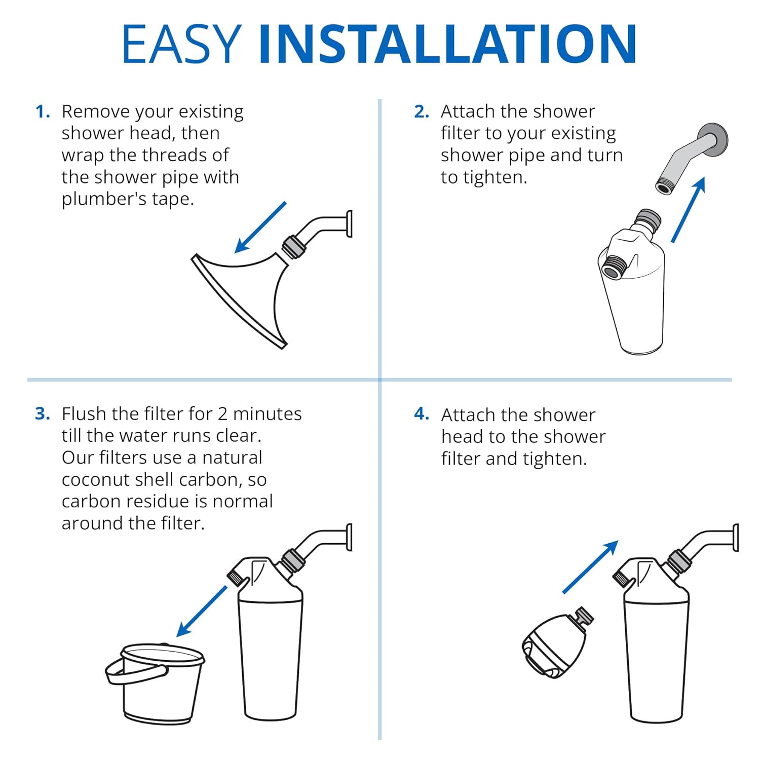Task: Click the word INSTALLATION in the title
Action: tap(447, 44)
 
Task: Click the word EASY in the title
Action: tap(181, 44)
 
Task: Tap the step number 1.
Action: tap(43, 111)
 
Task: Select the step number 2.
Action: tap(421, 111)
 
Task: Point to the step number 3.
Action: tap(43, 414)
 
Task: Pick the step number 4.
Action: tap(421, 414)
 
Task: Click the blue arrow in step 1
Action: tap(260, 227)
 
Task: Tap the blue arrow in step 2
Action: tap(688, 210)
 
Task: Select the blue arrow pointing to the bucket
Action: tap(202, 612)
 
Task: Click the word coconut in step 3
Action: tap(96, 479)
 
